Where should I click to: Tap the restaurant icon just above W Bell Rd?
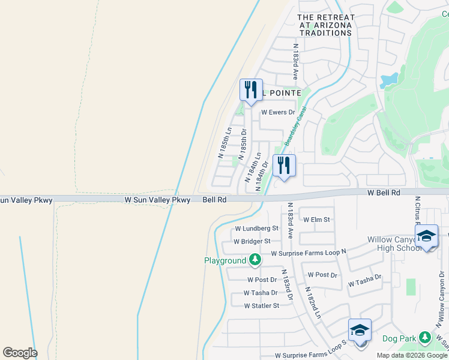pyautogui.click(x=284, y=165)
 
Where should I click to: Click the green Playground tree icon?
pyautogui.click(x=256, y=260)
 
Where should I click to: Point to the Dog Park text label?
pyautogui.click(x=400, y=339)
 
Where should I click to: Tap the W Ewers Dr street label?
pyautogui.click(x=279, y=112)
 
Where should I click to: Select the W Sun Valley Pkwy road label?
pyautogui.click(x=157, y=199)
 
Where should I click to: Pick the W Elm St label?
pyautogui.click(x=317, y=220)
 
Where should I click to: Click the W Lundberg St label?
pyautogui.click(x=257, y=229)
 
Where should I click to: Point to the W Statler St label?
pyautogui.click(x=262, y=305)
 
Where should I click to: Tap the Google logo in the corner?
pyautogui.click(x=20, y=353)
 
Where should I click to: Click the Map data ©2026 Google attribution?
pyautogui.click(x=411, y=355)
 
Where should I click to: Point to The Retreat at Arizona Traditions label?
pyautogui.click(x=326, y=25)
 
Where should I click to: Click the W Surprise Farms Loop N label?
pyautogui.click(x=309, y=253)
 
